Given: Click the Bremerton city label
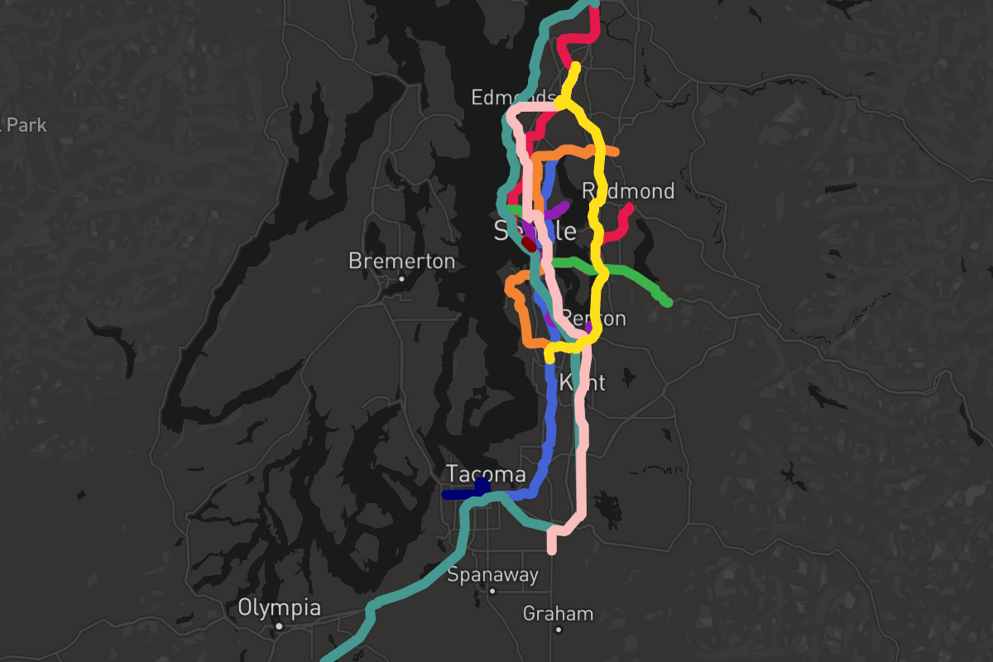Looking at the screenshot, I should [x=401, y=261].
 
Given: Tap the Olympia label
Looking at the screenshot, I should [x=279, y=607].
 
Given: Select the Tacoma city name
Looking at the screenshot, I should [x=486, y=474].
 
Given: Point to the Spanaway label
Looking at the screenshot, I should [x=492, y=574].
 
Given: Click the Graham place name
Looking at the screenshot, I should [x=558, y=613].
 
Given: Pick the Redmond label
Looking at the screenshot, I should [x=628, y=191].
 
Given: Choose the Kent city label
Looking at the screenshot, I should [x=583, y=382].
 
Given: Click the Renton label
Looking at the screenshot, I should [x=593, y=319].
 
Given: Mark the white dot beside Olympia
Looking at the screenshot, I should [x=280, y=626].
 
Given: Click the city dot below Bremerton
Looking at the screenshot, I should [x=401, y=279].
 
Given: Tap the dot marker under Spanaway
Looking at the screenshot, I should [x=492, y=591].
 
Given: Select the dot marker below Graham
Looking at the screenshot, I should [x=559, y=630].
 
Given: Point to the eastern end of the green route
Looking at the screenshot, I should [x=668, y=303].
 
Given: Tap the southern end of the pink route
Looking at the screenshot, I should [x=552, y=550].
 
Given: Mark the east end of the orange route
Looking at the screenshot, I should [x=615, y=152].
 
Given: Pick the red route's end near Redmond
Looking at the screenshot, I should [x=630, y=208].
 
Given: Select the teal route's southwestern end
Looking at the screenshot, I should [x=324, y=660].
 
